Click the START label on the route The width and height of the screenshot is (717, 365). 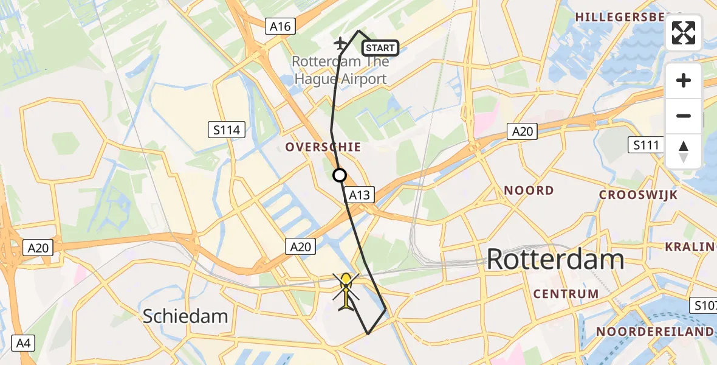click(380, 48)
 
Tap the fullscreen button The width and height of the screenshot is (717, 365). click(684, 33)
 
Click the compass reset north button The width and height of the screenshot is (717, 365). click(684, 151)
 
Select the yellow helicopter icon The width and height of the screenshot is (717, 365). click(346, 290)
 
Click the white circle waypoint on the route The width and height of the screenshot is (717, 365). click(340, 175)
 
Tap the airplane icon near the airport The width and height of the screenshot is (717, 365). click(341, 43)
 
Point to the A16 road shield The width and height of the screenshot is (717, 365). click(280, 26)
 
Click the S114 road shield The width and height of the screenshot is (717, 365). click(226, 129)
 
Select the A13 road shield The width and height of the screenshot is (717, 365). click(360, 195)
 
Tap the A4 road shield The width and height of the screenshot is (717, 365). click(23, 343)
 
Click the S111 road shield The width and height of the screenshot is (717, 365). click(645, 145)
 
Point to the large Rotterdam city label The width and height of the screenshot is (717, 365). click(555, 260)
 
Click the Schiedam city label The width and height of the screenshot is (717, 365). click(185, 316)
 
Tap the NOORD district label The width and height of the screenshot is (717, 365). click(529, 190)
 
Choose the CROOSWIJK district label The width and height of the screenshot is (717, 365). click(638, 195)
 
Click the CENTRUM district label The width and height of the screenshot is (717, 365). click(566, 294)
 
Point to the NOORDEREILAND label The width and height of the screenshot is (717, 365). click(654, 332)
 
